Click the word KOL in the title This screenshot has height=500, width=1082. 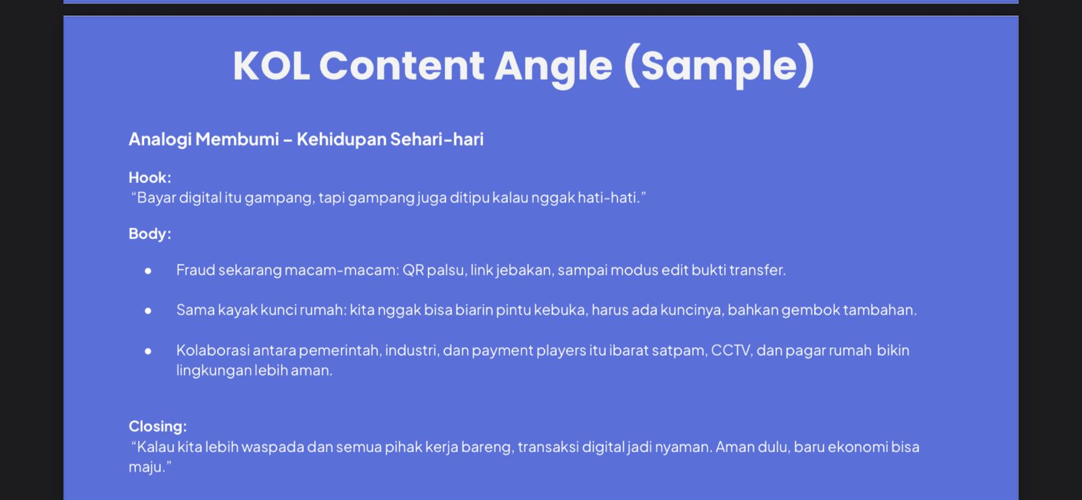(x=271, y=66)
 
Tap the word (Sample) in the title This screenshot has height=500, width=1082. (x=720, y=66)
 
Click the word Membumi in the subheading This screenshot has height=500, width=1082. (x=237, y=139)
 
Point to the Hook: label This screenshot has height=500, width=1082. (x=149, y=177)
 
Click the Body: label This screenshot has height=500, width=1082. (x=149, y=233)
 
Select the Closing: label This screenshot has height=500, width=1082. (x=158, y=426)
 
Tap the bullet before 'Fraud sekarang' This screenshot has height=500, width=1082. (x=148, y=271)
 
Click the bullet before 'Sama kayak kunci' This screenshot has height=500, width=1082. (x=148, y=311)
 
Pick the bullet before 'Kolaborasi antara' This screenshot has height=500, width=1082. (x=148, y=351)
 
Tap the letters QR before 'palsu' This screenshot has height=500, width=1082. (x=413, y=269)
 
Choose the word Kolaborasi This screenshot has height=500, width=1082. (x=213, y=350)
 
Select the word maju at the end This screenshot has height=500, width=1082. (x=146, y=467)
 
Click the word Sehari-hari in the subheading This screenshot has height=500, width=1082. (x=437, y=139)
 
